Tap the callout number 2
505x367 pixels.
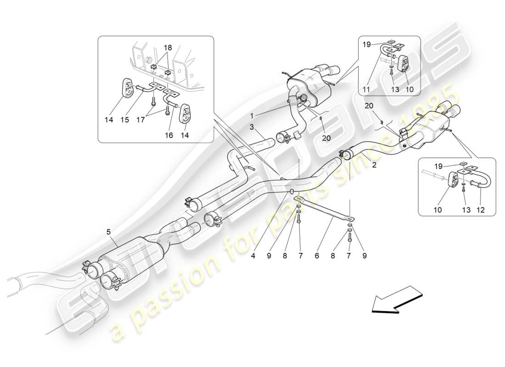point(374,166)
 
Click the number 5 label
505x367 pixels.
point(109,232)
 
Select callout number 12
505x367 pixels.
point(481,210)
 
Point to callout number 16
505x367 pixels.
point(169,136)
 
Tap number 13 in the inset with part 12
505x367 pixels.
point(465,210)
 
